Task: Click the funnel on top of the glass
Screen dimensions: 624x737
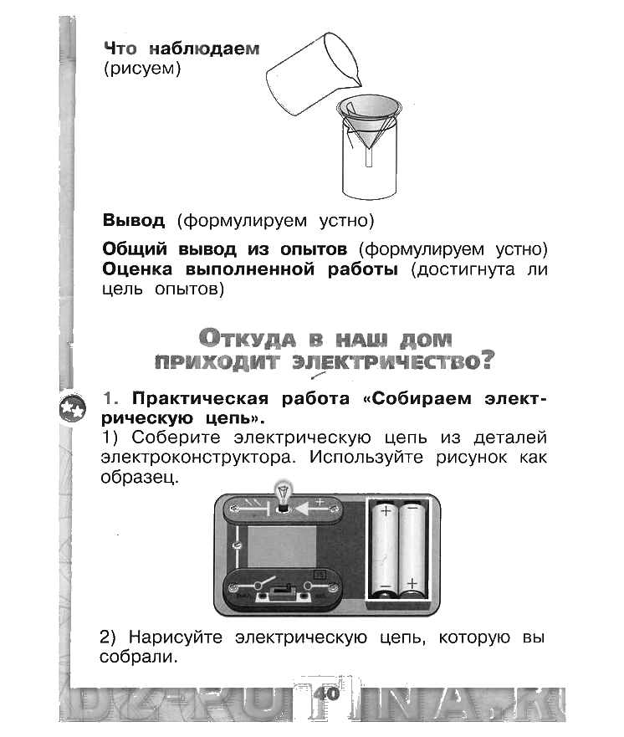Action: [x=369, y=117]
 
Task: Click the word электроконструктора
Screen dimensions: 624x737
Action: [x=199, y=458]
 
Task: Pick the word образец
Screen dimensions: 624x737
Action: [x=139, y=479]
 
